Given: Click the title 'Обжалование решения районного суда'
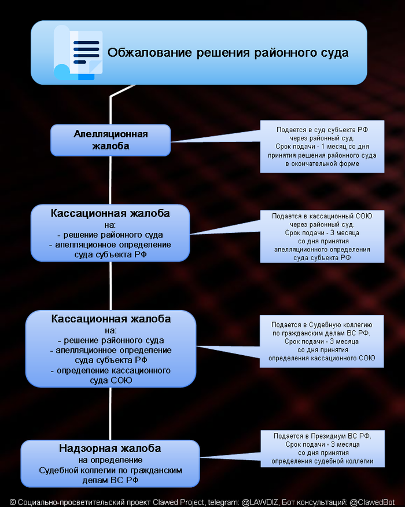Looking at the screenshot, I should point(228,53).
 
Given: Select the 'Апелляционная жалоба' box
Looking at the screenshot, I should point(111,140).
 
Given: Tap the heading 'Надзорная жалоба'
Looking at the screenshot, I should point(110,448).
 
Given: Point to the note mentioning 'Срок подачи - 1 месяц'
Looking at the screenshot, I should point(322,147).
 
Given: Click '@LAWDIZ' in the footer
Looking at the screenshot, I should point(260,501).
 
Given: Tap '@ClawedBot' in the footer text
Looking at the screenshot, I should point(373,501).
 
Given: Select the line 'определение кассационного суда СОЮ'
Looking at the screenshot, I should point(111,375).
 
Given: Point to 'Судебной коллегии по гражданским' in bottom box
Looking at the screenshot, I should point(111,470).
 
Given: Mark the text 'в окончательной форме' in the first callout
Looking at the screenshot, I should point(322,164).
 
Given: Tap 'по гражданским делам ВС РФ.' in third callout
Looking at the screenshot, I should point(322,334).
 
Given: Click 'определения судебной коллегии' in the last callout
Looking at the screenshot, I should point(322,462).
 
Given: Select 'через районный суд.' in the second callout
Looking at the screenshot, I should point(322,224).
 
